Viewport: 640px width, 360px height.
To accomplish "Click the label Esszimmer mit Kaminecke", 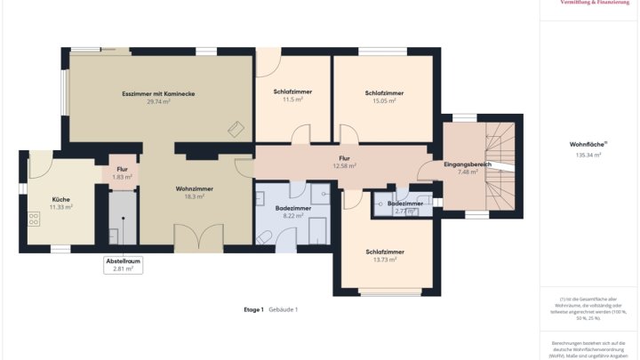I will click(x=158, y=93).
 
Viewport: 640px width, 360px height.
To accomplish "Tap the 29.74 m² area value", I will click(x=158, y=102).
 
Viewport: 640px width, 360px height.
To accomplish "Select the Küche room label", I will click(x=60, y=199).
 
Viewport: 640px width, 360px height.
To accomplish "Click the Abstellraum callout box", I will click(x=124, y=264).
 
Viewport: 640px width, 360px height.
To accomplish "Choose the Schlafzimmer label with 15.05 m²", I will click(x=384, y=92).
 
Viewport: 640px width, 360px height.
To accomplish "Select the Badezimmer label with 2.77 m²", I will click(x=405, y=204).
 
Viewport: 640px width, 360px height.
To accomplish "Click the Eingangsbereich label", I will click(x=468, y=164).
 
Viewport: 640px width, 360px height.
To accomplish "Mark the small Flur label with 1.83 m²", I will click(x=123, y=170).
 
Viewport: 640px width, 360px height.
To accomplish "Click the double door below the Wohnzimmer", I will click(x=197, y=238).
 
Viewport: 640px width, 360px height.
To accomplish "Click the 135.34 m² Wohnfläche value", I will click(x=586, y=156).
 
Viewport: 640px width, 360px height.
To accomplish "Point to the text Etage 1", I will click(x=253, y=309).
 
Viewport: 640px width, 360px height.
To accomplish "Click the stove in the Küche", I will click(x=36, y=216).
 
